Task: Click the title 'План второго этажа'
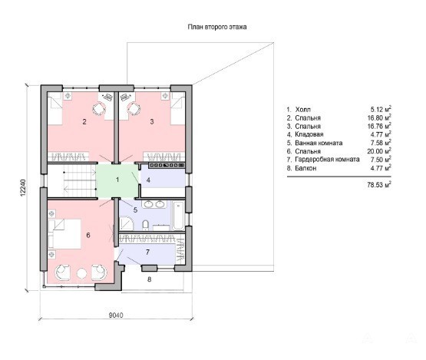[x=217, y=27]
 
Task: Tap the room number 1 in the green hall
[x=117, y=180]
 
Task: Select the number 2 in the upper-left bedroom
[x=84, y=122]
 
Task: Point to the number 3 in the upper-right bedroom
[x=152, y=122]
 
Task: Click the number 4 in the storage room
[x=148, y=180]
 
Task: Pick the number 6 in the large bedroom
[x=88, y=235]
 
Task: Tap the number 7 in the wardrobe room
[x=147, y=252]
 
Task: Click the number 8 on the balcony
[x=149, y=279]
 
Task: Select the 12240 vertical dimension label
[x=23, y=187]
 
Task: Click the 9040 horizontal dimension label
[x=116, y=315]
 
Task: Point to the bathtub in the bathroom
[x=179, y=216]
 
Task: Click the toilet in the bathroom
[x=146, y=225]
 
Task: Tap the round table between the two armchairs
[x=82, y=273]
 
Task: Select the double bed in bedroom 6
[x=64, y=233]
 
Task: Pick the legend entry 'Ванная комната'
[x=319, y=143]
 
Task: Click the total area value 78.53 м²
[x=379, y=185]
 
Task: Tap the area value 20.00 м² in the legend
[x=379, y=151]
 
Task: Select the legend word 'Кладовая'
[x=309, y=134]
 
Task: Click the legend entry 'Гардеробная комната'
[x=328, y=160]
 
